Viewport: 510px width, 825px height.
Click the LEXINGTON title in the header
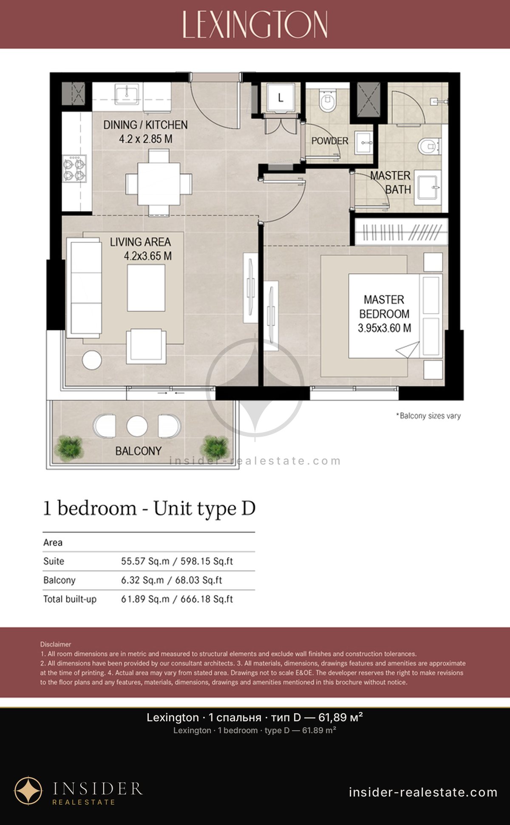pyautogui.click(x=255, y=24)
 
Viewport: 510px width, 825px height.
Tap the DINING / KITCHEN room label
pyautogui.click(x=145, y=125)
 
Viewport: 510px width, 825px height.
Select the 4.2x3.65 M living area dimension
pyautogui.click(x=148, y=256)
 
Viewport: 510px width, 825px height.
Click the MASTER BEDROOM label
pyautogui.click(x=384, y=306)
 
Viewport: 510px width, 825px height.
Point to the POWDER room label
pyautogui.click(x=330, y=141)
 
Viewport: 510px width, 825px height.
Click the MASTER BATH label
pyautogui.click(x=391, y=182)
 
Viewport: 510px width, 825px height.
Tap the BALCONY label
pyautogui.click(x=139, y=451)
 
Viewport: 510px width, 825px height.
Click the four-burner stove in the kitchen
pyautogui.click(x=75, y=168)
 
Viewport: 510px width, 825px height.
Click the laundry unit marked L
pyautogui.click(x=280, y=98)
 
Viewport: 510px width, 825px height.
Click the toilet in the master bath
pyautogui.click(x=428, y=147)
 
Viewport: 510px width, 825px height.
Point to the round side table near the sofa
pyautogui.click(x=92, y=360)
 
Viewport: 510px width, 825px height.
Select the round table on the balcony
pyautogui.click(x=137, y=426)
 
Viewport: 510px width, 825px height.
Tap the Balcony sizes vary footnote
pyautogui.click(x=428, y=416)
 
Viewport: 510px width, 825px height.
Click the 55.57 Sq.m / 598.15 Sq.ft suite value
pyautogui.click(x=177, y=561)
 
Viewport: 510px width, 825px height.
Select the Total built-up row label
pyautogui.click(x=70, y=599)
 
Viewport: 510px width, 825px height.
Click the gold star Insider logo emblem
pyautogui.click(x=28, y=791)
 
